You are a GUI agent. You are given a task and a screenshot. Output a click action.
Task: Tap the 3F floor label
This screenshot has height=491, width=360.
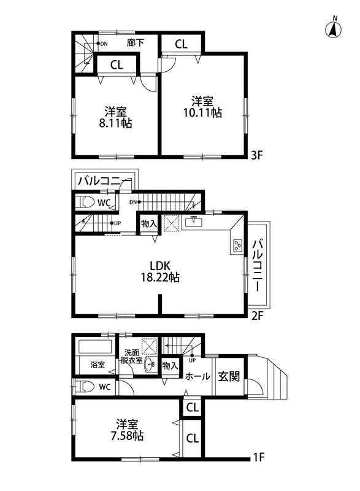258,156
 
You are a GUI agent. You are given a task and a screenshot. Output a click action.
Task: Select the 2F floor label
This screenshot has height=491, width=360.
258,317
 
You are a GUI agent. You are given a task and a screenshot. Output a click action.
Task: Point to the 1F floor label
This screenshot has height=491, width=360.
259,457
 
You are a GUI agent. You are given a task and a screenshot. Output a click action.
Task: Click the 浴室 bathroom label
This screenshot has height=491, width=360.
96,365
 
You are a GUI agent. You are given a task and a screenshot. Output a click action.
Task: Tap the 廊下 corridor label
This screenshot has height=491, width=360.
135,43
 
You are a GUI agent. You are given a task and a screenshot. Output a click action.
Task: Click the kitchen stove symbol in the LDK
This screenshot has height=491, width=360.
237,247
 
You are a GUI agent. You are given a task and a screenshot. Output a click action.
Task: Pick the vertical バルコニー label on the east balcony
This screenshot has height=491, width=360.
258,265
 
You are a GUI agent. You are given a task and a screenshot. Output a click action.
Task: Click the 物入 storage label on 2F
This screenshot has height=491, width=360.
149,224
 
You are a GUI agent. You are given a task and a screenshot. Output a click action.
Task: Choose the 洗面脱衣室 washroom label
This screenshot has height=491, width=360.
131,357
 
